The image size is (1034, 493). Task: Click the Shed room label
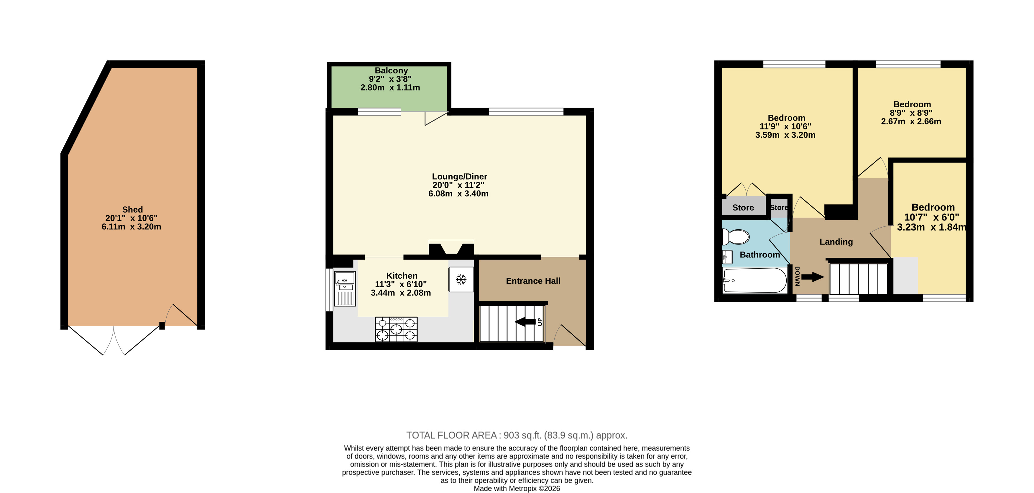pyautogui.click(x=132, y=210)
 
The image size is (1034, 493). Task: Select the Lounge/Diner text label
pyautogui.click(x=460, y=177)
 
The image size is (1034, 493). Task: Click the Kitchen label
pyautogui.click(x=402, y=276)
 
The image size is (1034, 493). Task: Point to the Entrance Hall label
pyautogui.click(x=533, y=281)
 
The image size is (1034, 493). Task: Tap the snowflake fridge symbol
pyautogui.click(x=461, y=280)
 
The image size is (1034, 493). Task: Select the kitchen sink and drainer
pyautogui.click(x=345, y=289)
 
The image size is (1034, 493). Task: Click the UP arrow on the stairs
pyautogui.click(x=525, y=322)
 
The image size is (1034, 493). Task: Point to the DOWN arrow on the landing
pyautogui.click(x=813, y=277)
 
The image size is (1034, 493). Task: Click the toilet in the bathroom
pyautogui.click(x=736, y=237)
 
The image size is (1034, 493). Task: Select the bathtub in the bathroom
pyautogui.click(x=754, y=280)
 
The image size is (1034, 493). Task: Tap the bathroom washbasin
pyautogui.click(x=727, y=257)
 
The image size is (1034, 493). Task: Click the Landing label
pyautogui.click(x=836, y=242)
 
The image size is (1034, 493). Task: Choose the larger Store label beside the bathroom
pyautogui.click(x=743, y=208)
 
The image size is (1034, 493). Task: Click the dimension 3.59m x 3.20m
pyautogui.click(x=785, y=135)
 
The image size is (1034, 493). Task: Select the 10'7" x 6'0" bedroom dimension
pyautogui.click(x=932, y=217)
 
